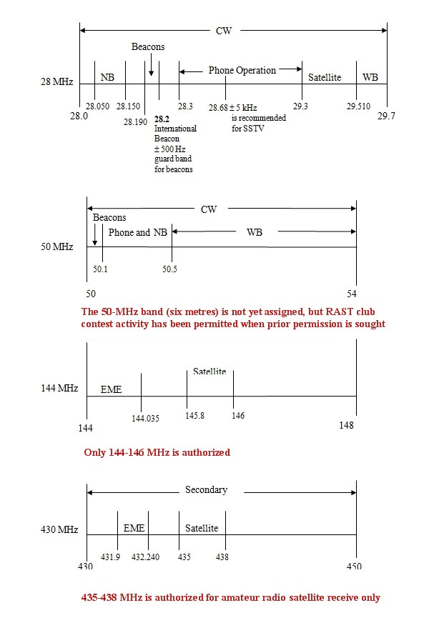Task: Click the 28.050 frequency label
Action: pyautogui.click(x=97, y=106)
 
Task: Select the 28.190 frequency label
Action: pyautogui.click(x=136, y=122)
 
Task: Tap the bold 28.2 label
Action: pyautogui.click(x=162, y=119)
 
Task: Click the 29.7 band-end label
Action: pyautogui.click(x=386, y=115)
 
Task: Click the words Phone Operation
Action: pyautogui.click(x=242, y=71)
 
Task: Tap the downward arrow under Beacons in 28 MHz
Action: pyautogui.click(x=151, y=71)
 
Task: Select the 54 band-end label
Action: pyautogui.click(x=356, y=294)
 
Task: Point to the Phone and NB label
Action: pyautogui.click(x=139, y=232)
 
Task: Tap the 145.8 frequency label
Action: pyautogui.click(x=194, y=415)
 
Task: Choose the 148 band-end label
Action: pyautogui.click(x=347, y=426)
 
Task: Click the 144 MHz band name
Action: pyautogui.click(x=59, y=388)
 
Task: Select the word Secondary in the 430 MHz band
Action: pyautogui.click(x=206, y=490)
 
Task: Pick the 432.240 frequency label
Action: pyautogui.click(x=147, y=557)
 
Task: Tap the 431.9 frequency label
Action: pyautogui.click(x=111, y=557)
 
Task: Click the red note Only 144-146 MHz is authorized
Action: pyautogui.click(x=157, y=452)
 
